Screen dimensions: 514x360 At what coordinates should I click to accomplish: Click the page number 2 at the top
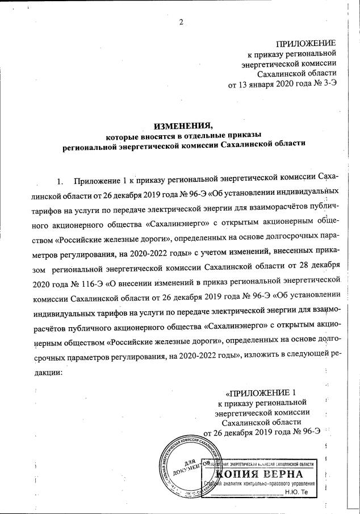[x=181, y=22]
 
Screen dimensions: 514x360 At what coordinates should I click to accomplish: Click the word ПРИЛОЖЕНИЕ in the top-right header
[x=305, y=44]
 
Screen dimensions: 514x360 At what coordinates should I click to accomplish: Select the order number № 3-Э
[x=324, y=85]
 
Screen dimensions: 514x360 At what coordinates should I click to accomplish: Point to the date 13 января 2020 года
[x=267, y=85]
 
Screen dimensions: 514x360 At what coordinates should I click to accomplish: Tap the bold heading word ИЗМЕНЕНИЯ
[x=179, y=126]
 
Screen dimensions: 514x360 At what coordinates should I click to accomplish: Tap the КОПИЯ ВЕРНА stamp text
[x=259, y=473]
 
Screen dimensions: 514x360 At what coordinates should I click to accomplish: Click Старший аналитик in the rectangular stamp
[x=223, y=484]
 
